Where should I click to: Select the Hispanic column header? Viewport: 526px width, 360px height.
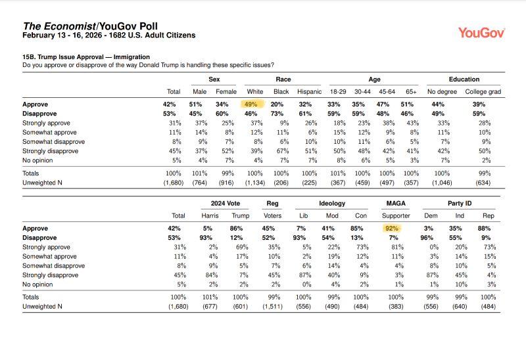[309, 92]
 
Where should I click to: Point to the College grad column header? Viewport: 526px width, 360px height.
[483, 92]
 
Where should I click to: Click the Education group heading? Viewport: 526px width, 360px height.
[464, 79]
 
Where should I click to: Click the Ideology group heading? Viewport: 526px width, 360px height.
[332, 204]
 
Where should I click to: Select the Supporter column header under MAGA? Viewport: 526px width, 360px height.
[396, 215]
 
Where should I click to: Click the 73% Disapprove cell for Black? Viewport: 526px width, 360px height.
[281, 113]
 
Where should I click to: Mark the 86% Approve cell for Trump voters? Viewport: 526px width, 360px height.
[241, 228]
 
